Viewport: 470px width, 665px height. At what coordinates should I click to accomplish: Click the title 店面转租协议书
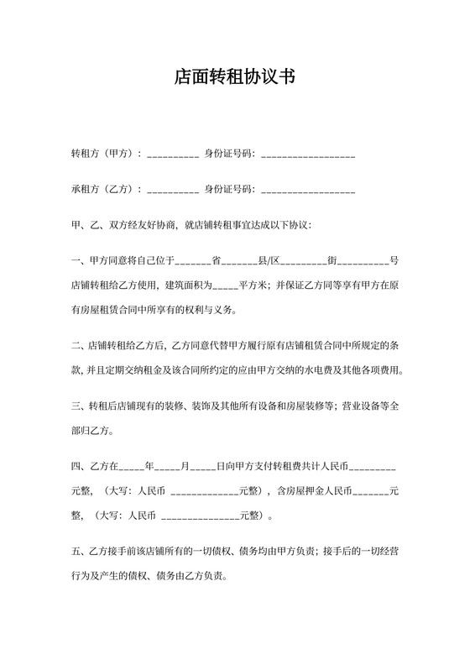click(x=234, y=77)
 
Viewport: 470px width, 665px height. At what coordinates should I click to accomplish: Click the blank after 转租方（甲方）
click(x=173, y=155)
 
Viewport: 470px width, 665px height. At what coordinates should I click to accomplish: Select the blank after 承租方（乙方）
click(x=173, y=191)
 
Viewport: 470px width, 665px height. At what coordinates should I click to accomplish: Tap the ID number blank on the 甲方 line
click(x=308, y=155)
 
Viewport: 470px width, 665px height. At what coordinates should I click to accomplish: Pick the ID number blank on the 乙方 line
click(x=308, y=191)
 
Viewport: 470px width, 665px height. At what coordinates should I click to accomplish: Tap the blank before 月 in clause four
click(x=168, y=466)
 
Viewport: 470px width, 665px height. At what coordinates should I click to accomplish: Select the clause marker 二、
click(x=80, y=346)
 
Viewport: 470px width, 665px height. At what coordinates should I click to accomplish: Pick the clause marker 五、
click(x=80, y=551)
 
